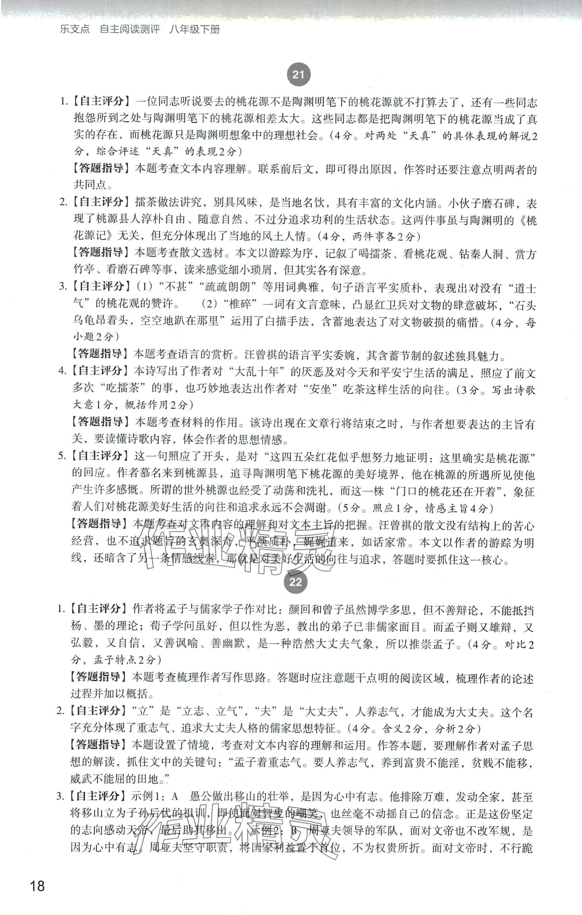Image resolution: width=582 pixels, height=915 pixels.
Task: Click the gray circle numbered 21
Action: (x=298, y=75)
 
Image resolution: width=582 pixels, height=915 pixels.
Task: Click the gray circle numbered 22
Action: (x=296, y=582)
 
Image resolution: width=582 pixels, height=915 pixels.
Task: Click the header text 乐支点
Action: (x=75, y=29)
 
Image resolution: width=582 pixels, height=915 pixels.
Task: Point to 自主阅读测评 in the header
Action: (x=129, y=29)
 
